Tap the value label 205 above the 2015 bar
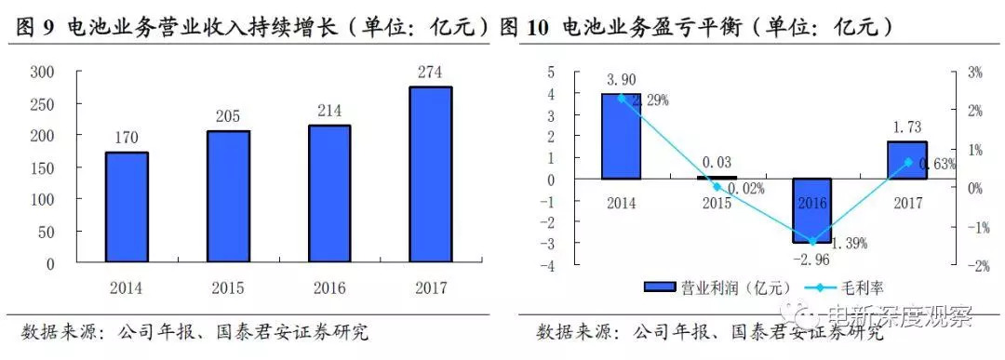tap(228, 117)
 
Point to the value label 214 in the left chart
tap(329, 111)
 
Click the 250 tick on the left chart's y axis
tap(44, 103)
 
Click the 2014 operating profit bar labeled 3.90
tap(622, 137)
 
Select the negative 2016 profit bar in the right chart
tap(811, 210)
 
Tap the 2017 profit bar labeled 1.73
tap(906, 160)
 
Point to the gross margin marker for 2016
tap(812, 241)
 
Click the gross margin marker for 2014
tap(622, 98)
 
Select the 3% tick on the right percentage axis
tap(971, 72)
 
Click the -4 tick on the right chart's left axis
tap(550, 266)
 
